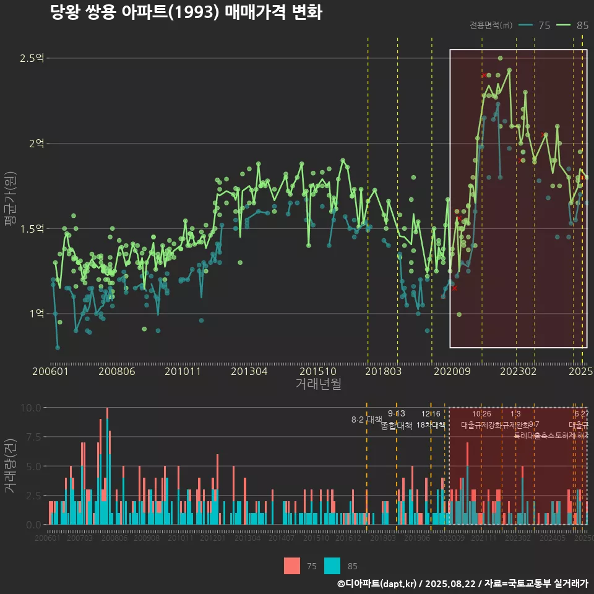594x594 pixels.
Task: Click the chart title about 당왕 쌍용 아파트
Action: tap(186, 12)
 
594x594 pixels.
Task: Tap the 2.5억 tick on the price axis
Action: tap(32, 58)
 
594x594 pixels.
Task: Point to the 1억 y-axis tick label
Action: tap(36, 314)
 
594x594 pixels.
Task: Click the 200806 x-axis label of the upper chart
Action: tap(116, 371)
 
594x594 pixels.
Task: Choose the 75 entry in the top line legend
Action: tap(535, 25)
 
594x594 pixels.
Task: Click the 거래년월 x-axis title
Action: tap(318, 384)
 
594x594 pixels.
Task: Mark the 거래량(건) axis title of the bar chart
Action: tap(10, 466)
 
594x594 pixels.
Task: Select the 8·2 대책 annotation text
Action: tap(367, 420)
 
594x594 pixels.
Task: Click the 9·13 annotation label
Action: tap(397, 413)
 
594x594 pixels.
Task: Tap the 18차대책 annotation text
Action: tap(431, 425)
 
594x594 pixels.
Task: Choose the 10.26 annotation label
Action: tap(481, 413)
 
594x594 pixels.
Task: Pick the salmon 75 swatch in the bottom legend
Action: tap(292, 566)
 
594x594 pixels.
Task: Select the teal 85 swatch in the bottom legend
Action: tap(332, 566)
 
